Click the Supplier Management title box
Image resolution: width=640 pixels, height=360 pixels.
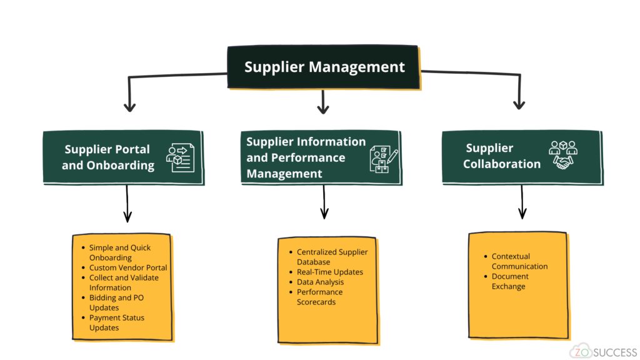coord(324,67)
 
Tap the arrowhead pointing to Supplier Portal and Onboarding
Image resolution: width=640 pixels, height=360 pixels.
coord(129,107)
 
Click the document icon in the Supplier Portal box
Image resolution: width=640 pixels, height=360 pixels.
coord(181,157)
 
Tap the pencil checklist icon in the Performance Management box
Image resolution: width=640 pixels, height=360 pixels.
coord(383,158)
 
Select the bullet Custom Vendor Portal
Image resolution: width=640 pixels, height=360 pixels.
coord(128,267)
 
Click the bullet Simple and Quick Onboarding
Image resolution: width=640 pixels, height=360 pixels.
coord(119,252)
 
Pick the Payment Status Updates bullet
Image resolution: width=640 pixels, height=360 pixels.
coord(116,322)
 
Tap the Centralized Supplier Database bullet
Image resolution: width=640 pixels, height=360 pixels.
coord(332,257)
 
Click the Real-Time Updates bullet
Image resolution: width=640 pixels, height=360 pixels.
coord(329,272)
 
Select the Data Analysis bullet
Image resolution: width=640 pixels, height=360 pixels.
coord(320,282)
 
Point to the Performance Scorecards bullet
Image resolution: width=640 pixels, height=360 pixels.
coord(319,297)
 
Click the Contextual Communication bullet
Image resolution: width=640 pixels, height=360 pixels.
coord(519,261)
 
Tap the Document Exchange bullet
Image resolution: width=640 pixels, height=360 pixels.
coord(509,281)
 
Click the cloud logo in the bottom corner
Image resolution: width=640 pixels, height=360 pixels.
coord(580,351)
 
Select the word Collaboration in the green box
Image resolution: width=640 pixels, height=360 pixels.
coord(501,164)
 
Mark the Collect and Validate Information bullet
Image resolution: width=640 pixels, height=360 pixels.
coord(123,282)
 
